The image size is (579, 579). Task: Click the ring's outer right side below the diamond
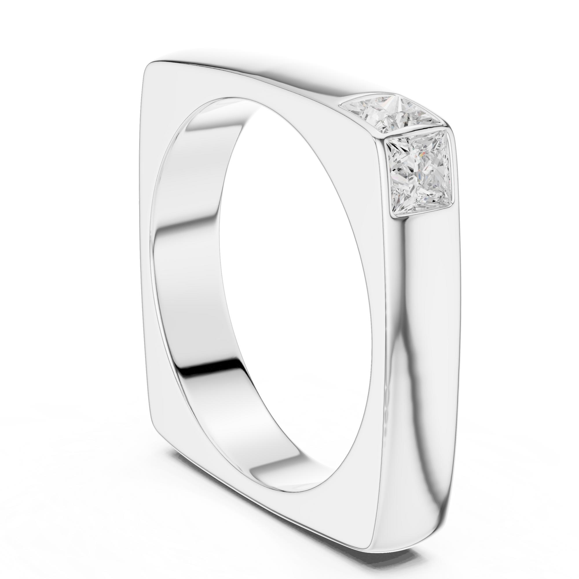pyautogui.click(x=426, y=360)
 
